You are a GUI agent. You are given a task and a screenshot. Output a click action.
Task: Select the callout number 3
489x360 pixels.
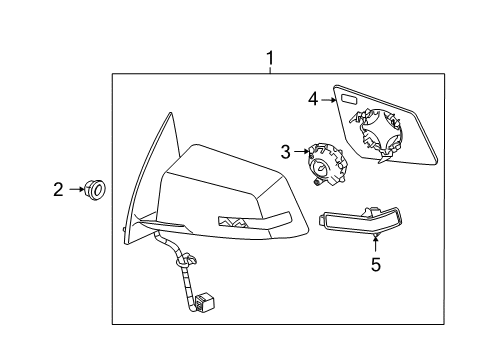(x=284, y=153)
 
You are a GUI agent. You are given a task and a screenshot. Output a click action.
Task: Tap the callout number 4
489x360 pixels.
(x=312, y=99)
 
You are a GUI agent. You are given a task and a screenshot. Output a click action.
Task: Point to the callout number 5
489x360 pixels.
(x=375, y=264)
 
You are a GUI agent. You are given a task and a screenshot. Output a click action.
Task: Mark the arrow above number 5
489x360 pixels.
(x=375, y=243)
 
